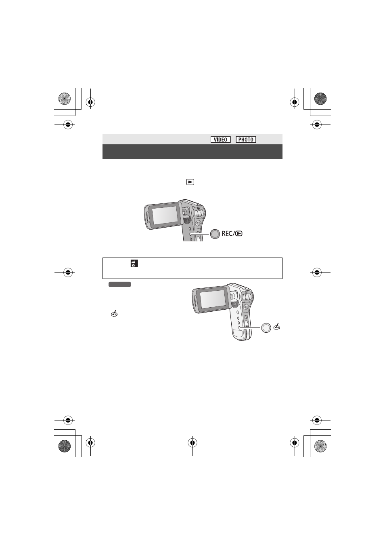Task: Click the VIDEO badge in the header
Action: [x=220, y=139]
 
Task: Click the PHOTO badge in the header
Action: [x=246, y=139]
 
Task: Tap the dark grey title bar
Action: [x=192, y=152]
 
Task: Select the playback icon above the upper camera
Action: [x=190, y=182]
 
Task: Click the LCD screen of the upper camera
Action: [x=165, y=215]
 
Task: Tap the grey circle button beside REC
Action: [x=215, y=234]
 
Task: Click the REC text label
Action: [x=227, y=234]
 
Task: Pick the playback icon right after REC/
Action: [x=239, y=234]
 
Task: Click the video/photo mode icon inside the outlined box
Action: [x=134, y=264]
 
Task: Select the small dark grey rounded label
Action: [x=119, y=284]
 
